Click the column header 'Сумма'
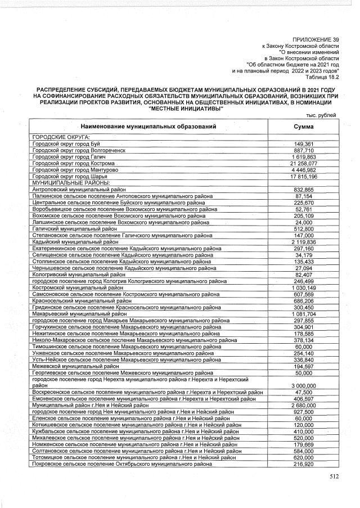[304, 127]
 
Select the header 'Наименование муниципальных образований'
[148, 127]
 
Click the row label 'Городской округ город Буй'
[66, 143]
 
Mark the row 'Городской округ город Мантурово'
[74, 169]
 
